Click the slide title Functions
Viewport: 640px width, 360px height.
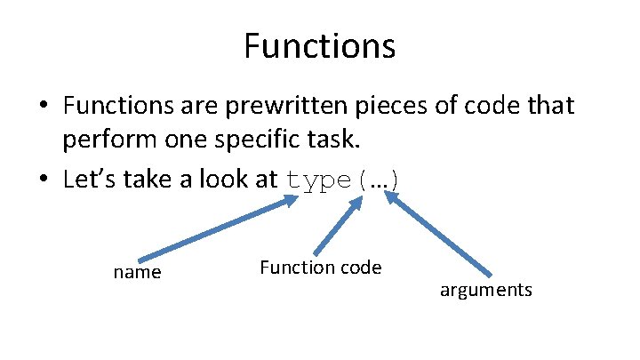click(x=319, y=46)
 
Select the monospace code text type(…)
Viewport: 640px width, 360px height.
click(x=343, y=179)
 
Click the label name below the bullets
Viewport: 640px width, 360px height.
click(x=138, y=273)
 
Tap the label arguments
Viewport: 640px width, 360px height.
click(x=485, y=291)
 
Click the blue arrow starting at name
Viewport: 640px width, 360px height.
click(x=218, y=229)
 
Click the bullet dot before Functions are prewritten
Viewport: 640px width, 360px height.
click(x=44, y=108)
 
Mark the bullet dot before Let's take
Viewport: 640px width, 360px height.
click(x=44, y=180)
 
